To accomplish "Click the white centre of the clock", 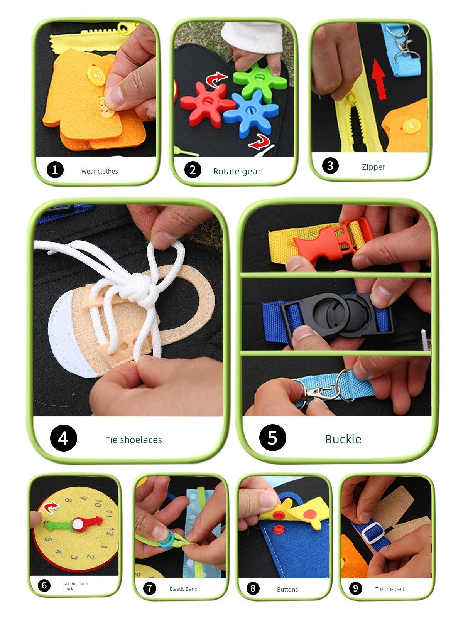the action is point(78,524).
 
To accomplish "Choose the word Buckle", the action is point(343,439).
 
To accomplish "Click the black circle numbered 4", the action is point(64,438).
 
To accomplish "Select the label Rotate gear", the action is point(237,171).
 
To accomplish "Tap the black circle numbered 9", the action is point(355,588).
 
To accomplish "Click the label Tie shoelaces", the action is point(133,440).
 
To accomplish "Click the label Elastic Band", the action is point(184,589).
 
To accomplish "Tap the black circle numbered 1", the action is point(55,170).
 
